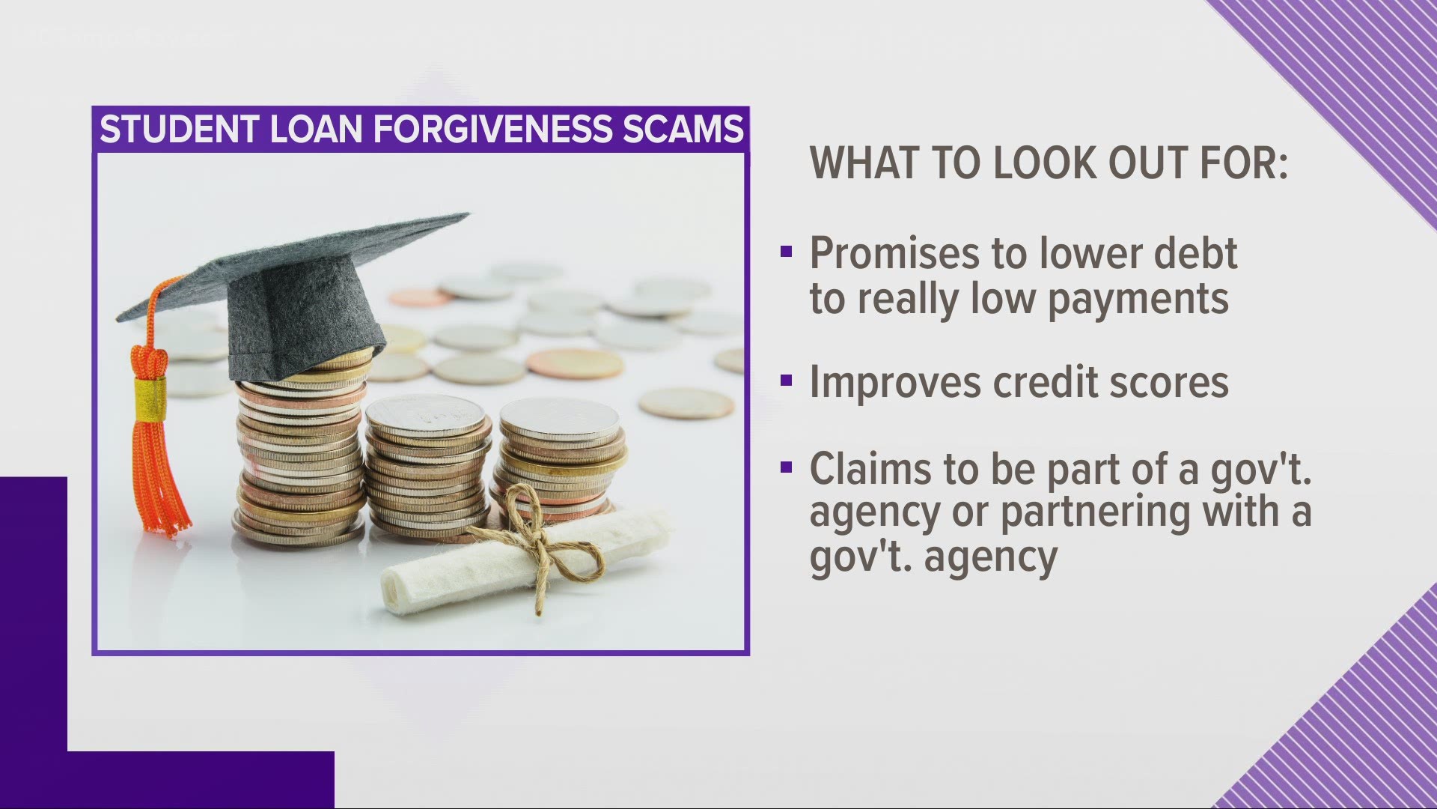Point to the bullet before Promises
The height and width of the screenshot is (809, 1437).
[786, 252]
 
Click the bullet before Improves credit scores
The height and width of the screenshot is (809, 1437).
[786, 381]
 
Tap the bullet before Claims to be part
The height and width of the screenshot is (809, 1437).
[786, 468]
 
